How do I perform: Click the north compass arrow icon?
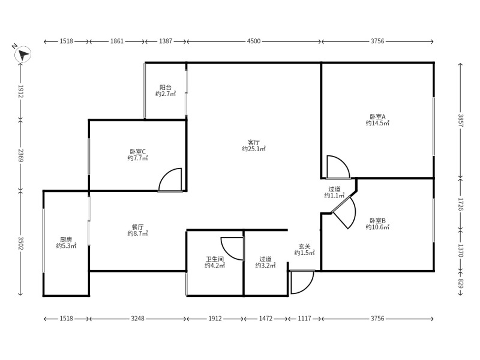pos(22,55)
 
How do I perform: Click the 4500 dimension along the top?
pos(254,41)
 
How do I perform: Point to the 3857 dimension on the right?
pos(461,121)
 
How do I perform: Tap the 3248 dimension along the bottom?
pos(138,319)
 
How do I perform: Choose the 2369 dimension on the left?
pos(20,155)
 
